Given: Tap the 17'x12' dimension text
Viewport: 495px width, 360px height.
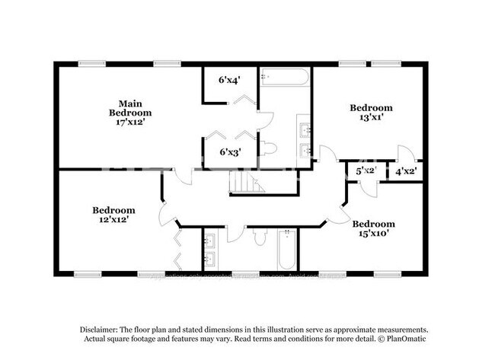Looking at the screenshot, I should [131, 121].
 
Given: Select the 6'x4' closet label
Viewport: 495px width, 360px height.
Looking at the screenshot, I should [228, 79].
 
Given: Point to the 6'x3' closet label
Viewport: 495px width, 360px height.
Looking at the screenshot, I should [228, 151].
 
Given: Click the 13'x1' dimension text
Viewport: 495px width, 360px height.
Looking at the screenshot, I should [371, 118].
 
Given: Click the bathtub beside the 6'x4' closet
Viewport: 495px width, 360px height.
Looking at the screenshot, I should [284, 77].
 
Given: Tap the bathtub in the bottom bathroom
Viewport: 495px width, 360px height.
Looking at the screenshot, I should [286, 250].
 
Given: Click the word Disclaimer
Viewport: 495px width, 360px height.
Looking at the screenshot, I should [102, 329].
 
